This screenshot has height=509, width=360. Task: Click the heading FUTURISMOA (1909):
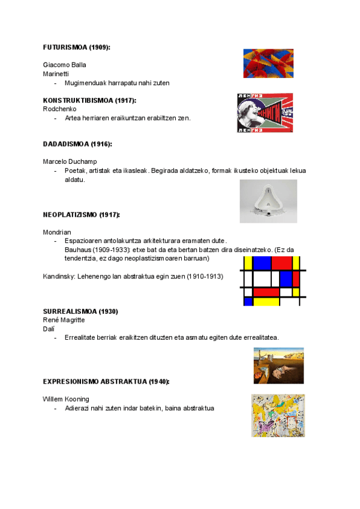point(77,47)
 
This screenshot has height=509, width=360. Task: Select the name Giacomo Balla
point(65,64)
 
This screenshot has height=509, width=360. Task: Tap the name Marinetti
point(56,73)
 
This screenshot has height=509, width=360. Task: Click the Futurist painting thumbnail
point(268,64)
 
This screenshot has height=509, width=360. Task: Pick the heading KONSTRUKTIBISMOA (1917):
point(89,100)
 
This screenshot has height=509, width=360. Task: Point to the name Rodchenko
point(59,109)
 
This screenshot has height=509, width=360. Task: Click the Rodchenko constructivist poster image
point(265,112)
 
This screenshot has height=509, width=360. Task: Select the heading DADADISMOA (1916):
point(77,144)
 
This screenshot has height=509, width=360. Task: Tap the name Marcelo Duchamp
point(70,161)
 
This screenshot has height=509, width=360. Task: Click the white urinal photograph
point(268,197)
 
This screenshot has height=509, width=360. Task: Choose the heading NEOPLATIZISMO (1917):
point(82,214)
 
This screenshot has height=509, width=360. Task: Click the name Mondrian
point(57,232)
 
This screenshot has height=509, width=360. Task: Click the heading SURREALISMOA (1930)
point(80,312)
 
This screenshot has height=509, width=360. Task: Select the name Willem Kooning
point(66,399)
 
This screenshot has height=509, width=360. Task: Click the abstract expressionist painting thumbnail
point(278,416)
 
